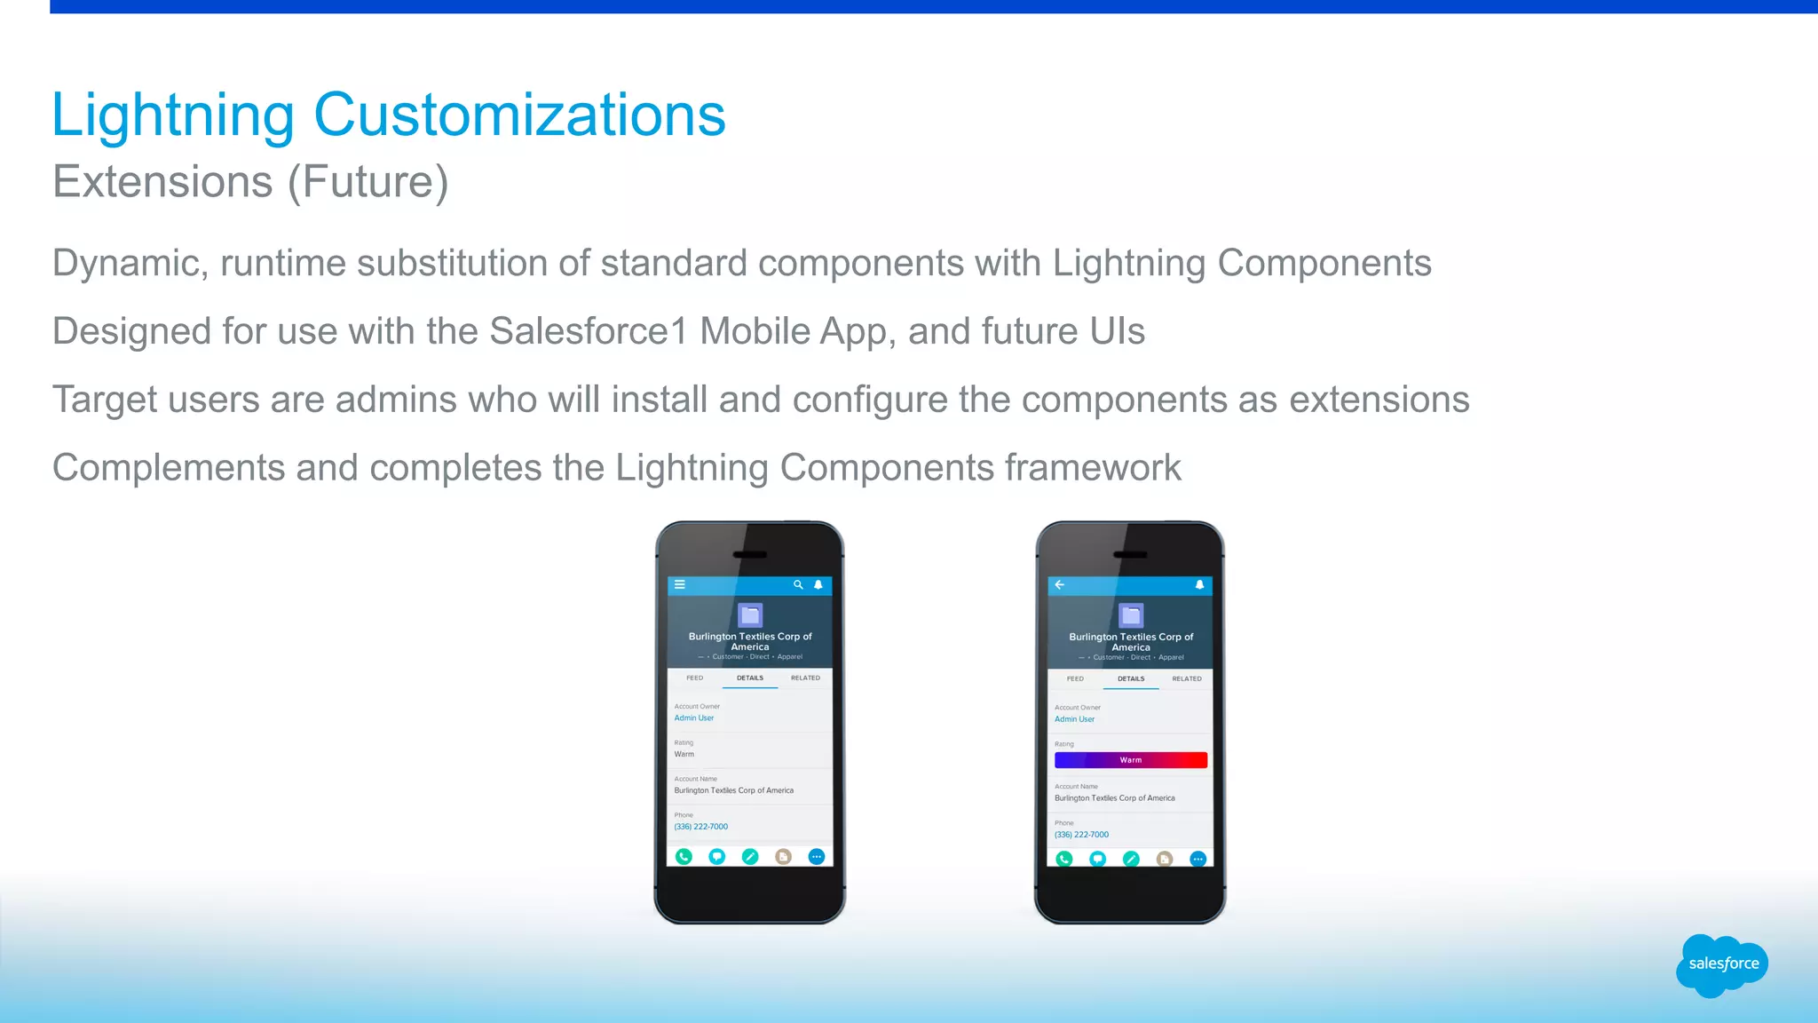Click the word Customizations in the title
519,115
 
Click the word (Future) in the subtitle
368,182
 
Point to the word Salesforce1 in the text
589,331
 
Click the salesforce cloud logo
1722,964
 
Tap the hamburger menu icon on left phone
680,584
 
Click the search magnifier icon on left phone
798,584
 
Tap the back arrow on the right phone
1060,584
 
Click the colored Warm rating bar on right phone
1130,760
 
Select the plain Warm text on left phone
684,754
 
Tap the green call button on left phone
684,857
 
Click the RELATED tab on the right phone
1186,678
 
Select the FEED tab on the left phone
694,678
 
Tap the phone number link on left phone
701,827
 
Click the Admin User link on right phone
1074,719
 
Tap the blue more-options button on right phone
1198,859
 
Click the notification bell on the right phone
1199,584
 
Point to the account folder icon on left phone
750,615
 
